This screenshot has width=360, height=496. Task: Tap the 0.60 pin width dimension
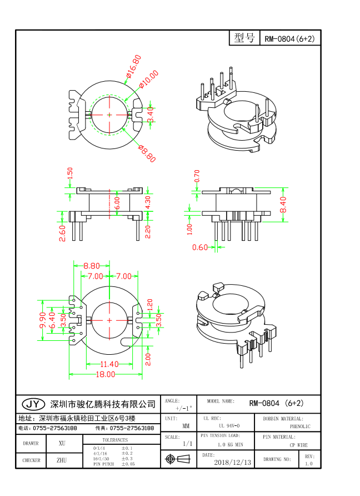[x=199, y=247]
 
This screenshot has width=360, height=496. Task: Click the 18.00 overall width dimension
[x=106, y=375]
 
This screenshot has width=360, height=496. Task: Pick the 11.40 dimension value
[x=108, y=364]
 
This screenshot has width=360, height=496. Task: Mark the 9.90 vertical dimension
[x=43, y=319]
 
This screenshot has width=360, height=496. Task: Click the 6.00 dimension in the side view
[x=117, y=203]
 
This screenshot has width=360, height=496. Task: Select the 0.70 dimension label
[x=197, y=176]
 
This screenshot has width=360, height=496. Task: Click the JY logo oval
[x=33, y=404]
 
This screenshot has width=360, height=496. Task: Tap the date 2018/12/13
[x=232, y=462]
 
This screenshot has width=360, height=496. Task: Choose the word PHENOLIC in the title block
[x=300, y=426]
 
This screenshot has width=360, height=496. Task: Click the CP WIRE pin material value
[x=299, y=445]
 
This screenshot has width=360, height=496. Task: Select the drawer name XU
[x=62, y=443]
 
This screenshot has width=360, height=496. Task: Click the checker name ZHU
[x=62, y=460]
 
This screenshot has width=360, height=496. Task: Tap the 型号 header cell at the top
[x=244, y=38]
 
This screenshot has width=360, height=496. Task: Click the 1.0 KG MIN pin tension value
[x=229, y=445]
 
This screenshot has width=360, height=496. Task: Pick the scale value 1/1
[x=188, y=444]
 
